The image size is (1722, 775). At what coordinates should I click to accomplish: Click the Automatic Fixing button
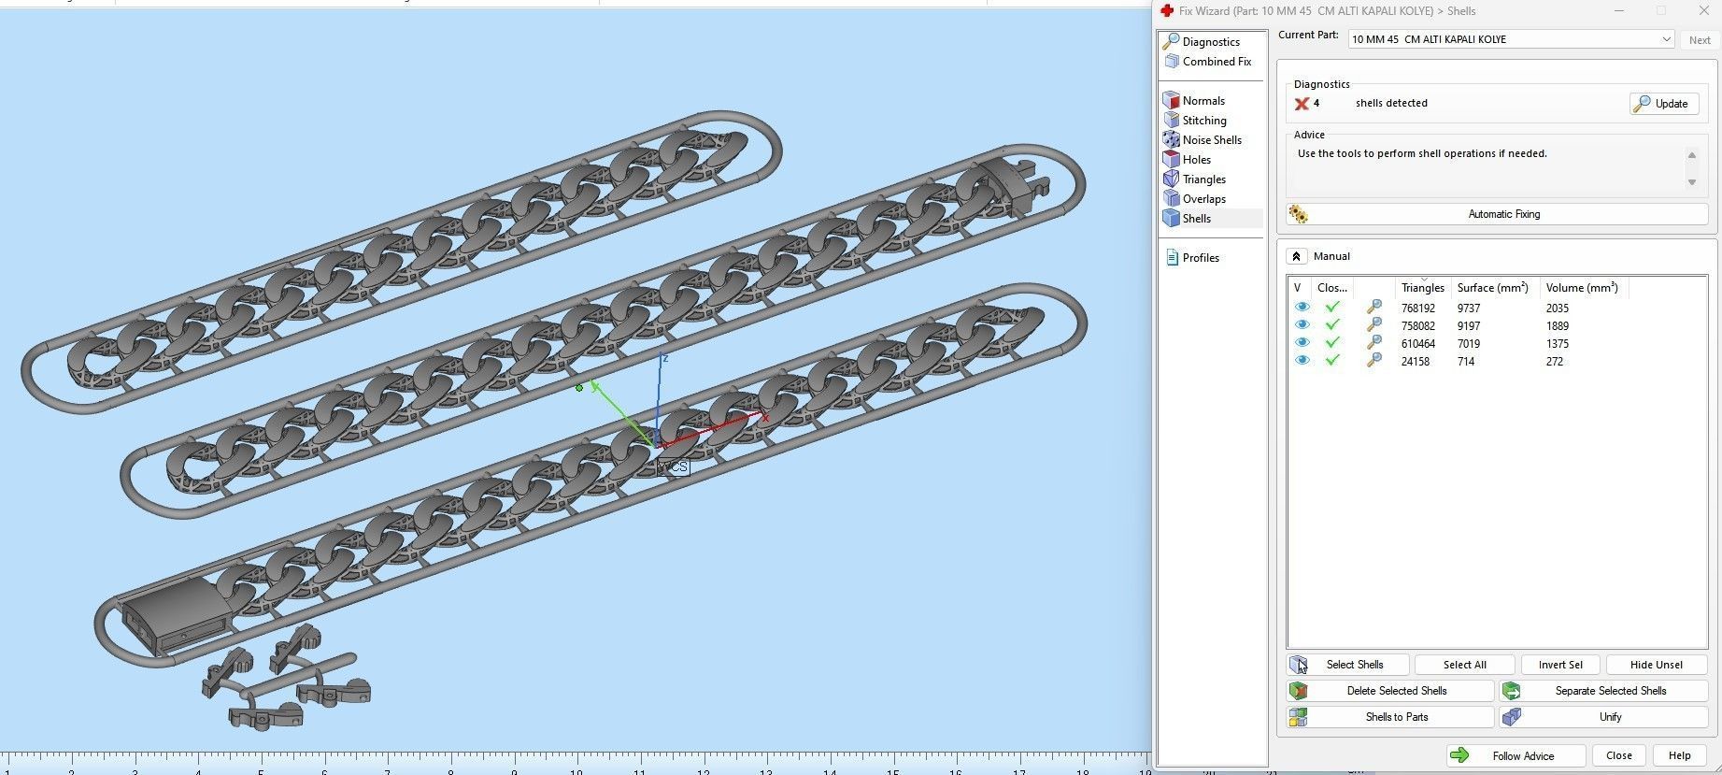(1502, 214)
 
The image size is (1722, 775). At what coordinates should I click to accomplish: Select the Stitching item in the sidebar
(1203, 121)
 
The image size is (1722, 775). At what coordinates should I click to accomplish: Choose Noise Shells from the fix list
(1211, 140)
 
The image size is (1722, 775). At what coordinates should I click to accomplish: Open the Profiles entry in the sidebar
(1200, 258)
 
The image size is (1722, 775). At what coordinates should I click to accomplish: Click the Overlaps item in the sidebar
(1203, 199)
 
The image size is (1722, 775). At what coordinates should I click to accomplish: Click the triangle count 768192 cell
(1417, 309)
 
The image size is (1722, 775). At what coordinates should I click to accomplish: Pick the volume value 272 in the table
(1554, 362)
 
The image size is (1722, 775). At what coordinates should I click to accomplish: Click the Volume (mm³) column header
(1581, 288)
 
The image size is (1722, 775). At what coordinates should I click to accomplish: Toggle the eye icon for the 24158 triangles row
(1302, 361)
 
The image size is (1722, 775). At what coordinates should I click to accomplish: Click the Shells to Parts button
(1396, 717)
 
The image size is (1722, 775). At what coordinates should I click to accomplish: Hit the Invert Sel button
(1559, 665)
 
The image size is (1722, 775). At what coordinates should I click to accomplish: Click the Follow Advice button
(1522, 755)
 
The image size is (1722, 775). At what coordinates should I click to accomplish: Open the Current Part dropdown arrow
(1665, 39)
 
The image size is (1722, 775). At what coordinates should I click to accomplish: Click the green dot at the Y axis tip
(579, 388)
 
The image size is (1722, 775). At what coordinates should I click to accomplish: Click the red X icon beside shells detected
(1301, 104)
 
